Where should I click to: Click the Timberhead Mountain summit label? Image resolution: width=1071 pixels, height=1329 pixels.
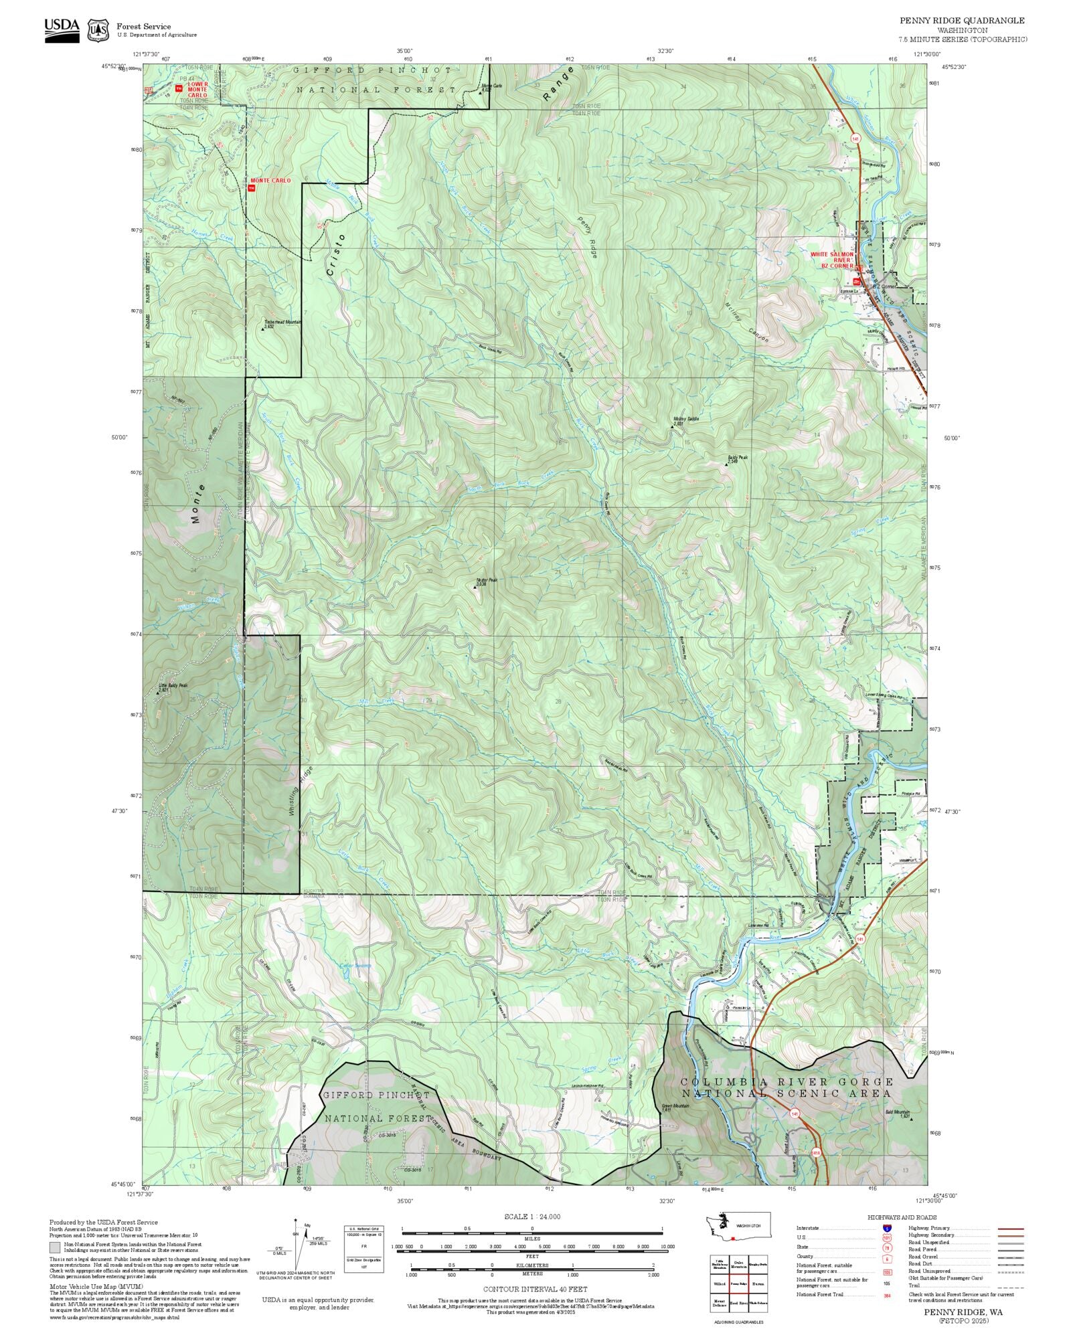(282, 322)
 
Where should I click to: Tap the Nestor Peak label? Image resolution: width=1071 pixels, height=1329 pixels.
(487, 580)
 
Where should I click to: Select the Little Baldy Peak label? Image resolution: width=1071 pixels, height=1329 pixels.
(173, 686)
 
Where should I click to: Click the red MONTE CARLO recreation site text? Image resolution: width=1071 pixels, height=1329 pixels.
(270, 181)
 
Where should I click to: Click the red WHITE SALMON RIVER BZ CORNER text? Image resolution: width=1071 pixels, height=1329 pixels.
(832, 260)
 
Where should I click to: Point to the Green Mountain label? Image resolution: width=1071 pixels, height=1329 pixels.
(675, 1106)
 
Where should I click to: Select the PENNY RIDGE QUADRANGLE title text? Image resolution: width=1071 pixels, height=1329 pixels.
(961, 21)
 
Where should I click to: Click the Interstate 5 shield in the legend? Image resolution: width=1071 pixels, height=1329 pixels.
(887, 1229)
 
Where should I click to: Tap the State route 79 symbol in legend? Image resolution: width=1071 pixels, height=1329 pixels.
(887, 1247)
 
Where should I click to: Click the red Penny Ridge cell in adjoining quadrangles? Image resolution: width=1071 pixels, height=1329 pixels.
(739, 1284)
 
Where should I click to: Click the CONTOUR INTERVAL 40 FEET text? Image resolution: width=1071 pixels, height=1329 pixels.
(535, 1288)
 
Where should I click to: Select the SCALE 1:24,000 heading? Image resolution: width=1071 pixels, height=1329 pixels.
(532, 1217)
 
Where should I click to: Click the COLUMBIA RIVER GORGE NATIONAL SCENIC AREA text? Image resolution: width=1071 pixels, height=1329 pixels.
(787, 1087)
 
